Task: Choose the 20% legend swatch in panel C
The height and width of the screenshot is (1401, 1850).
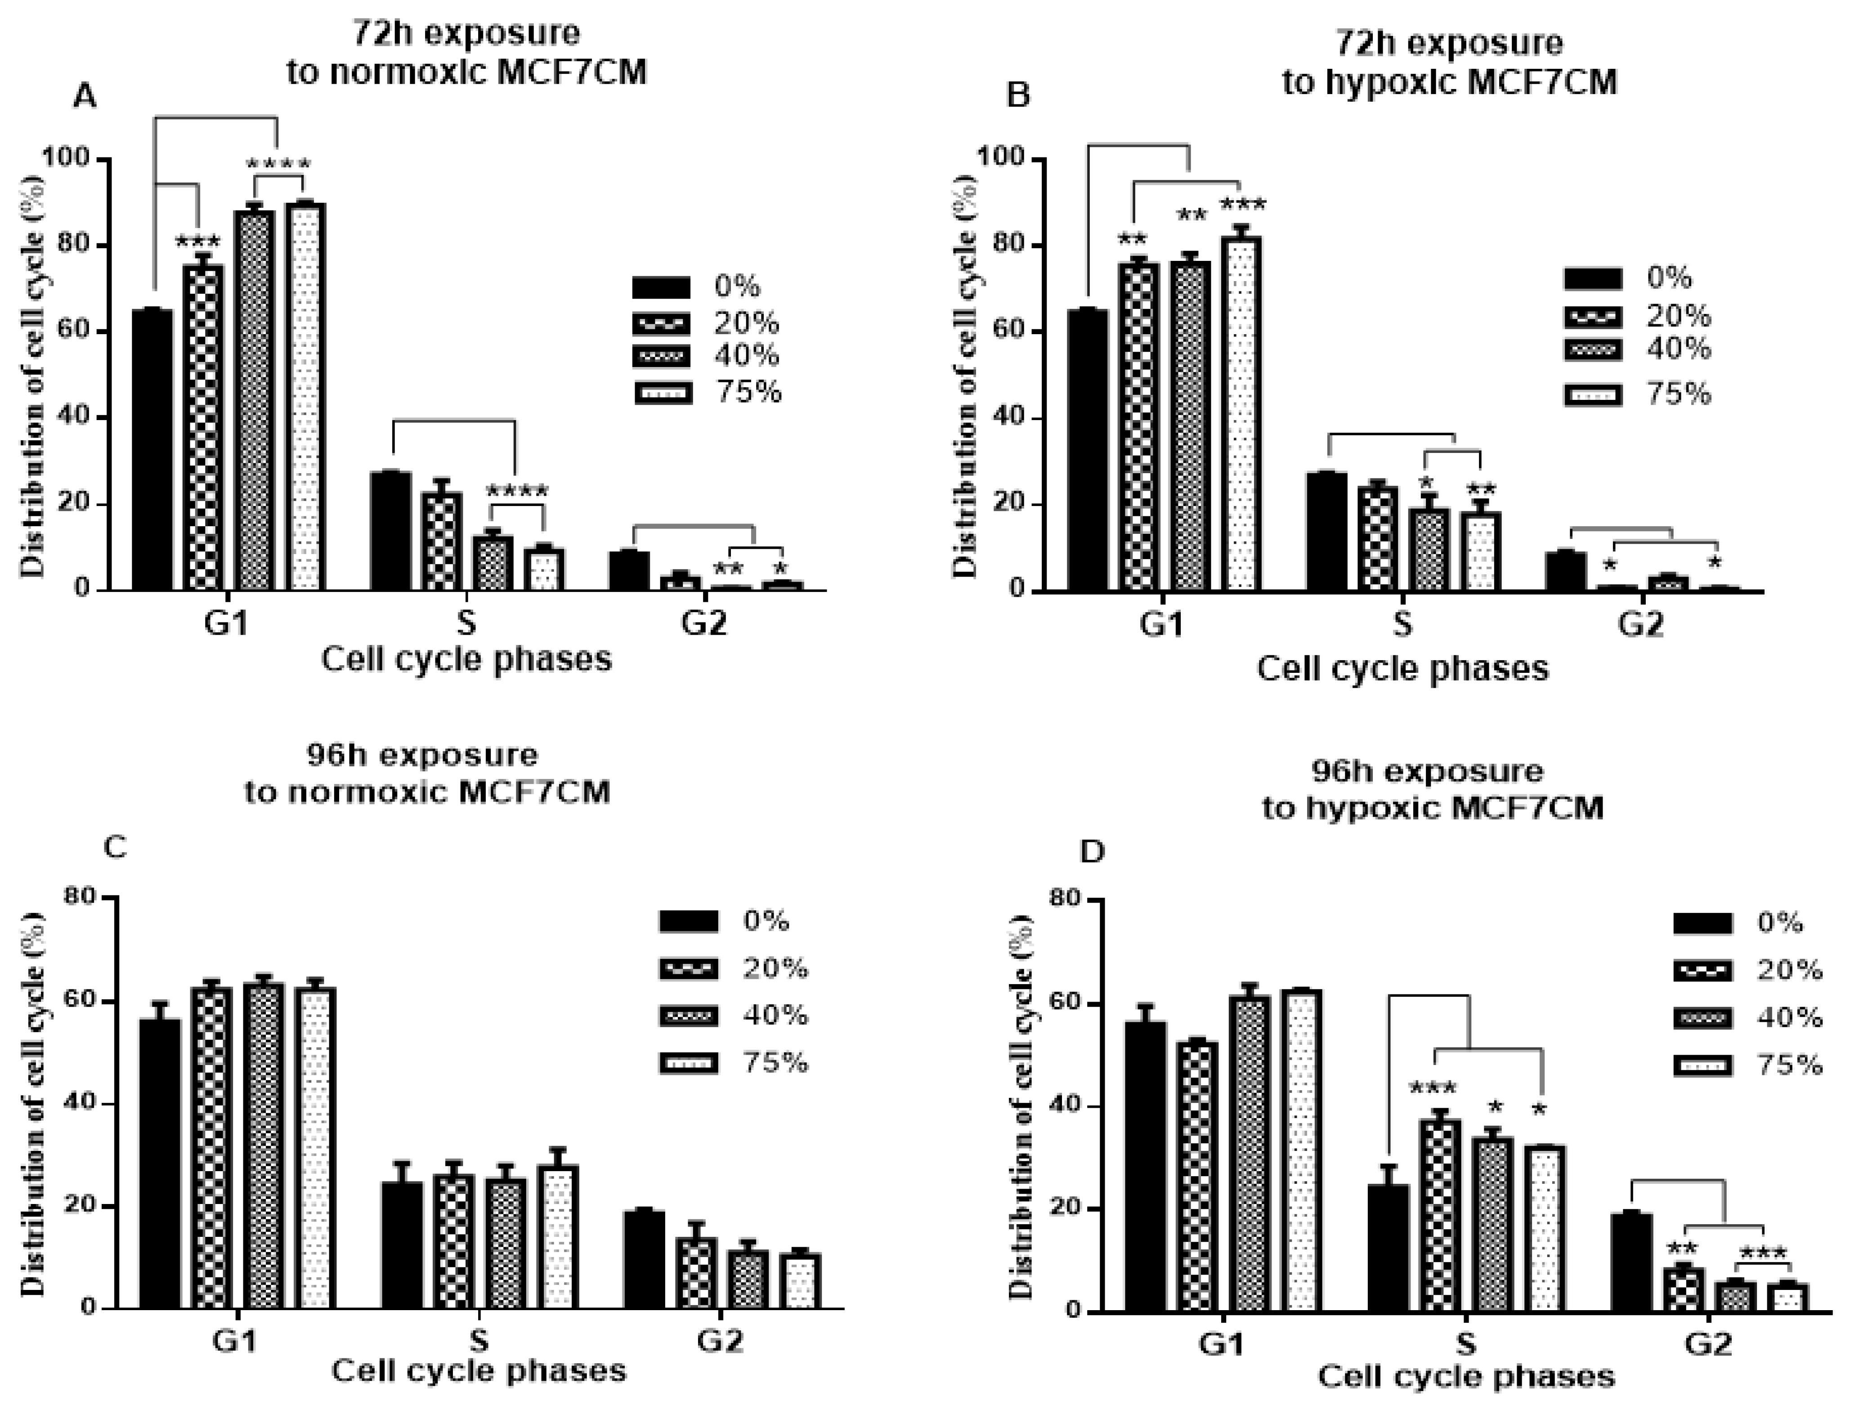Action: pos(688,969)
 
